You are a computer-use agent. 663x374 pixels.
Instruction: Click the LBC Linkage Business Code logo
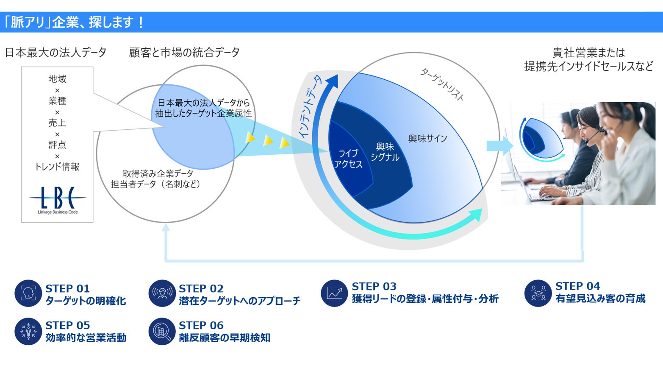(58, 200)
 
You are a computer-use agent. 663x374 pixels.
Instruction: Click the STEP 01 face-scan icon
(28, 293)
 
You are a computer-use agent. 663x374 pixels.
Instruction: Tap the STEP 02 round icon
(162, 293)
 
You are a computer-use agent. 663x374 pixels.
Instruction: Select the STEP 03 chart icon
(334, 293)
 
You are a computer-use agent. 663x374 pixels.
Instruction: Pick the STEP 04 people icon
(538, 293)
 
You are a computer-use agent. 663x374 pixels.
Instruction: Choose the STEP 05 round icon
(28, 331)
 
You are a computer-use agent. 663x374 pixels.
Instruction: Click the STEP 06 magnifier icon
(162, 331)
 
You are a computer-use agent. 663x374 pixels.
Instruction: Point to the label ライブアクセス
(348, 159)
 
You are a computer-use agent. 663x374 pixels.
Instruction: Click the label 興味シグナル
(385, 152)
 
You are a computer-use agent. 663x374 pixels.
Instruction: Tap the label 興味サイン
(427, 139)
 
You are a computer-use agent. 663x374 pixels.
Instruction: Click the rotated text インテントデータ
(310, 106)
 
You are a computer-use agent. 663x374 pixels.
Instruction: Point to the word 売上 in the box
(57, 123)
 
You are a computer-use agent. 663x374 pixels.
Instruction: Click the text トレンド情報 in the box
(57, 167)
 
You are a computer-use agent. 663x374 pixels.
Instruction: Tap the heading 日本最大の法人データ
(55, 53)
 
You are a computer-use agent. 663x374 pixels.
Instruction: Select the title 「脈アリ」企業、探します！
(74, 22)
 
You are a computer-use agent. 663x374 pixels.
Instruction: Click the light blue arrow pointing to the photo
(499, 146)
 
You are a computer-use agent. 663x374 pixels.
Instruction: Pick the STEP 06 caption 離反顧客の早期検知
(225, 338)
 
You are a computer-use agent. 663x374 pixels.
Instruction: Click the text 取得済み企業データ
(158, 173)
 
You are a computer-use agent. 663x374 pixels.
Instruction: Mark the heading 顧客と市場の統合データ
(184, 53)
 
